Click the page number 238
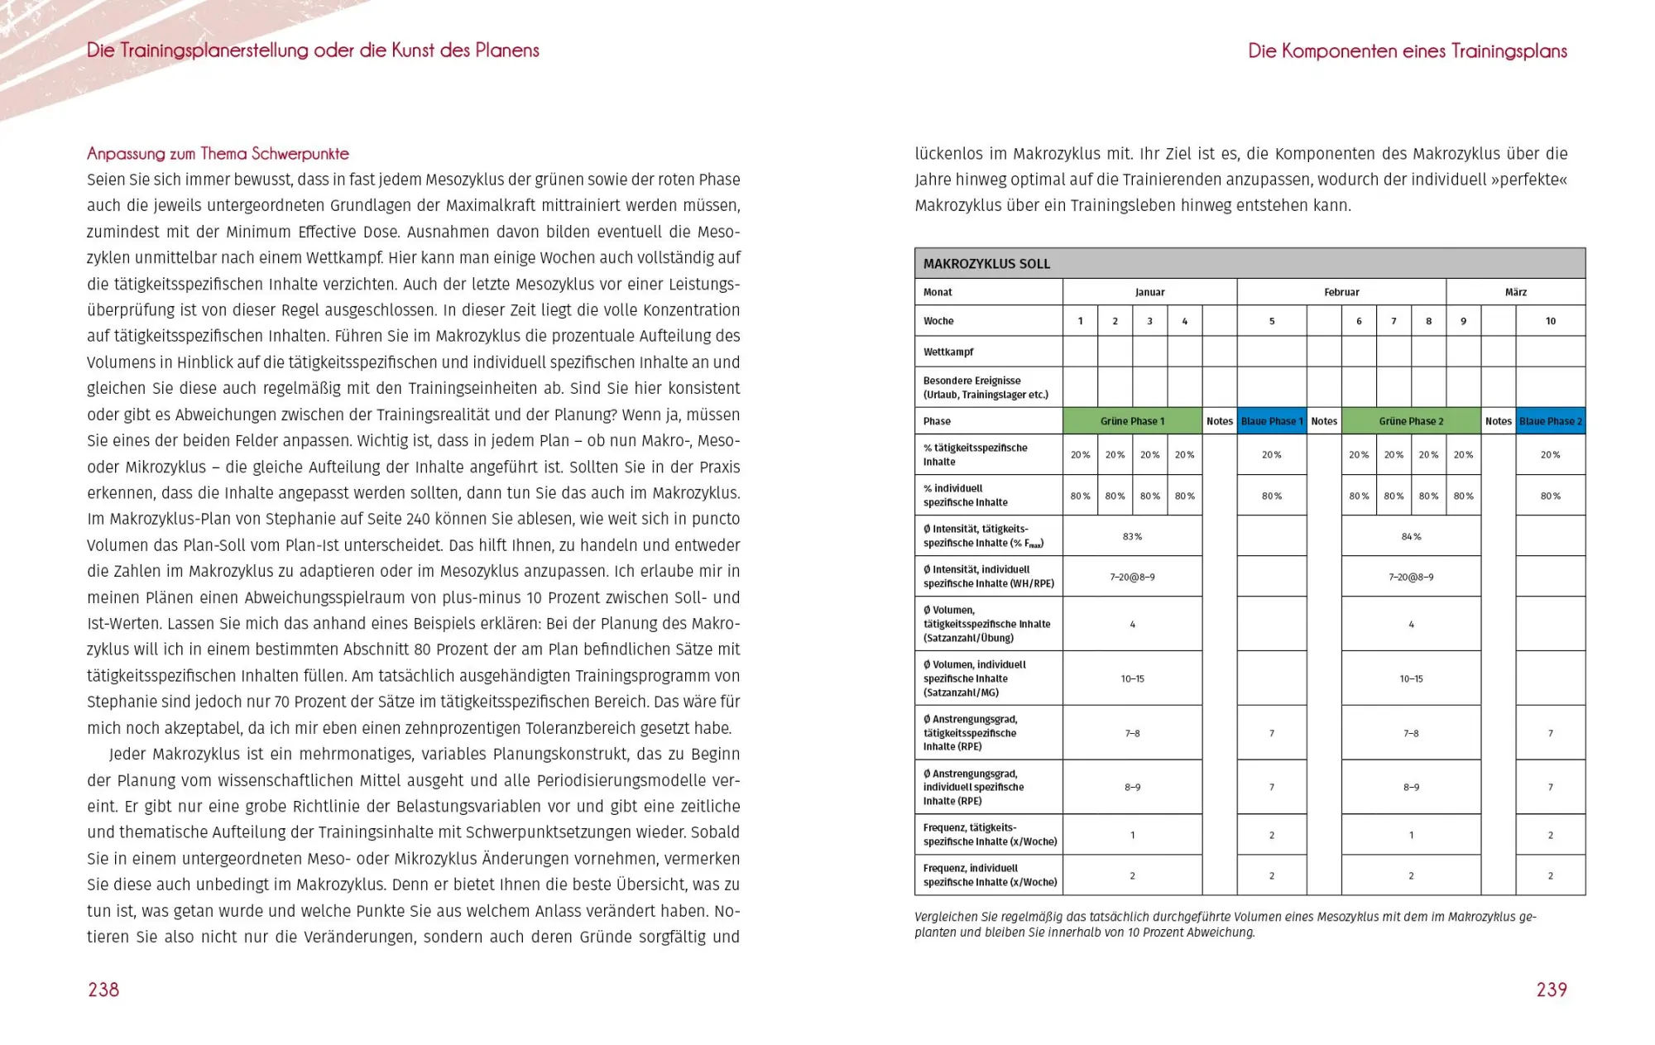click(x=103, y=990)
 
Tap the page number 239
click(x=1552, y=990)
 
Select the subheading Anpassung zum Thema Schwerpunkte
click(x=218, y=154)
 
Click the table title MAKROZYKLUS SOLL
click(x=986, y=264)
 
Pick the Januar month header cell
click(x=1149, y=292)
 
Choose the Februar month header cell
click(x=1341, y=292)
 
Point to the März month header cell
click(x=1515, y=292)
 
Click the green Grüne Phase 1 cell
click(x=1132, y=421)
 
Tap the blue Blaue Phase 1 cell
click(x=1272, y=421)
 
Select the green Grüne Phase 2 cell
click(x=1411, y=421)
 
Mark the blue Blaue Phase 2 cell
click(x=1550, y=421)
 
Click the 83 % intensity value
click(x=1132, y=537)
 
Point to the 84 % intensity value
click(x=1411, y=537)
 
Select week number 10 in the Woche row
click(x=1550, y=321)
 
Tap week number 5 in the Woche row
click(x=1272, y=321)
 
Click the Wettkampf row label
click(x=948, y=352)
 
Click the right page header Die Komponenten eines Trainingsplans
click(x=1407, y=51)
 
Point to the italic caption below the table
click(x=1225, y=924)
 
